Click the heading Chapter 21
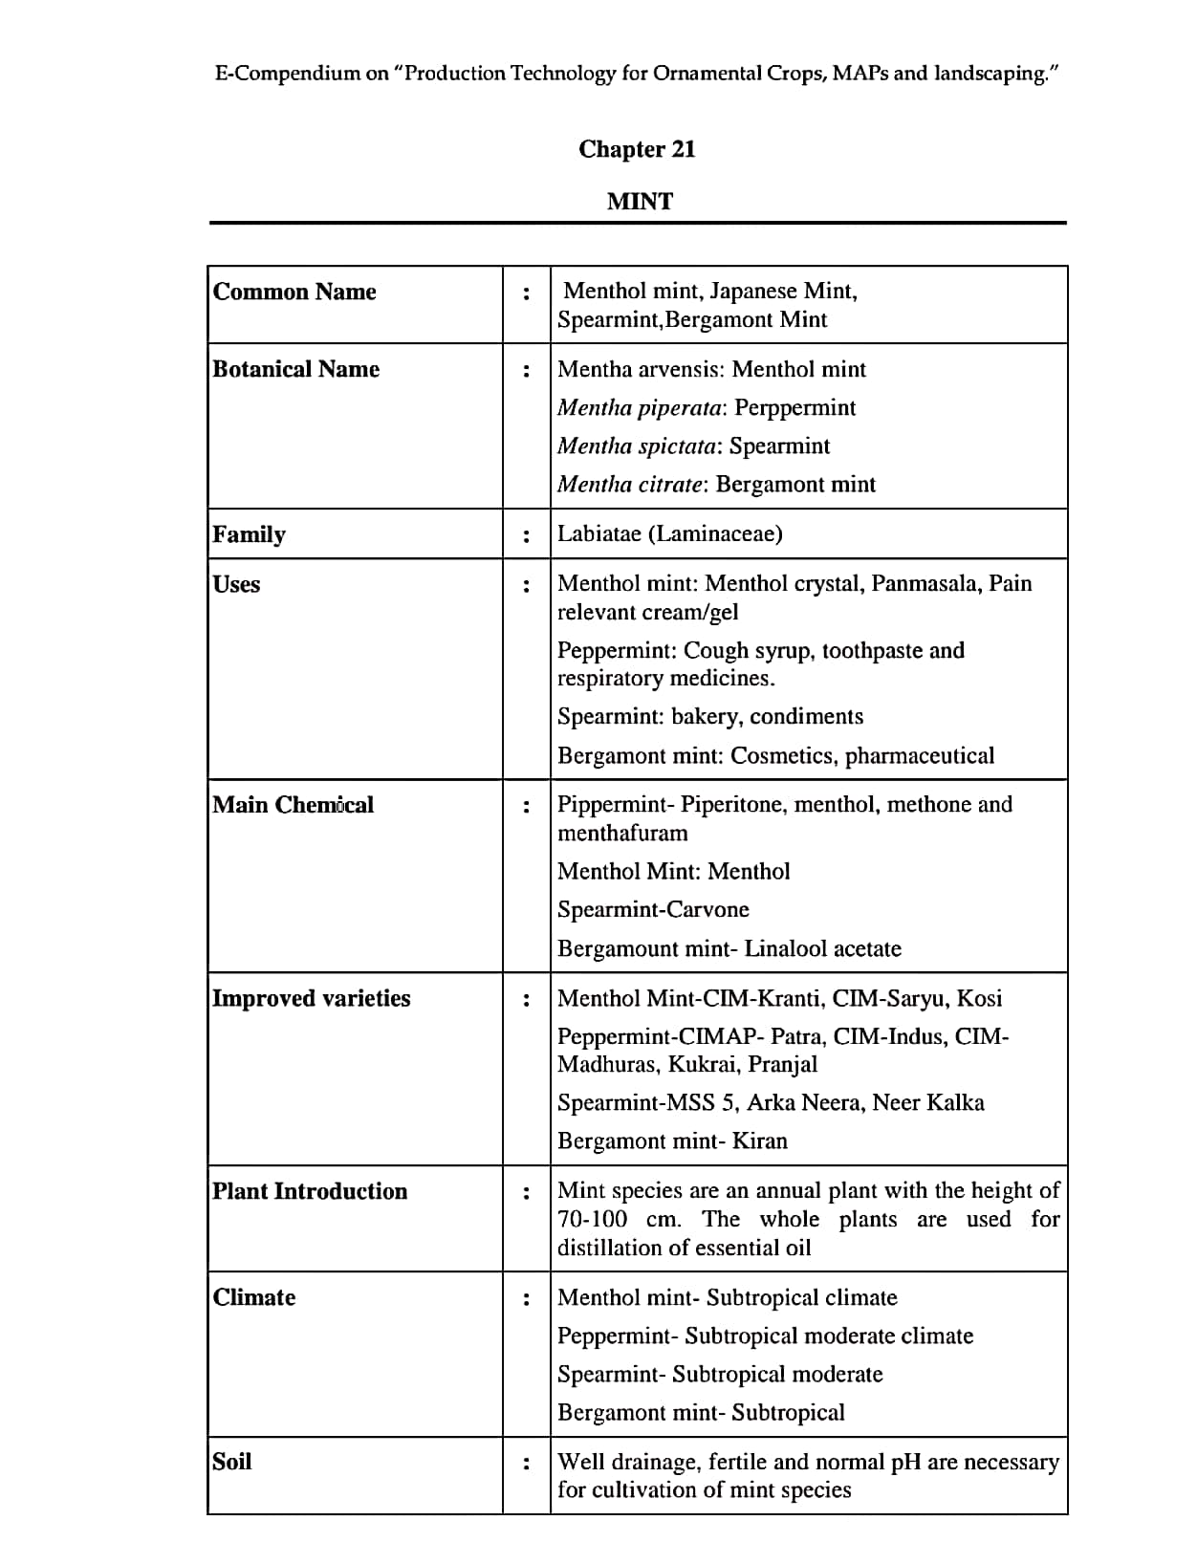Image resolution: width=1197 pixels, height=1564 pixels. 637,149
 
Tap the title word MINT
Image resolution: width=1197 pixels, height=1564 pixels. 640,202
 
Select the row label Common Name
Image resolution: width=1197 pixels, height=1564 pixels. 294,292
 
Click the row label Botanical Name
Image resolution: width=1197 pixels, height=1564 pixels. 295,369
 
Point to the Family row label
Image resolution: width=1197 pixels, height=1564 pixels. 249,533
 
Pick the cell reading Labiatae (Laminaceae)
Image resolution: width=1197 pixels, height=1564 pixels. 669,533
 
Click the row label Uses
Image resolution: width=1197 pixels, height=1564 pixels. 236,584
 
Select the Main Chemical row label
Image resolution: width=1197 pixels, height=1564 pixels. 293,805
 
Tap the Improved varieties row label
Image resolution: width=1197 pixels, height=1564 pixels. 311,998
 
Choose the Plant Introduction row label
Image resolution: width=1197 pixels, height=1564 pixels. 310,1191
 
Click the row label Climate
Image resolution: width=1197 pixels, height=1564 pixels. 253,1297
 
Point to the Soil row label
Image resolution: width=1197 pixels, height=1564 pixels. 231,1462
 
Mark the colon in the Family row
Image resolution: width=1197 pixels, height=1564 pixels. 526,535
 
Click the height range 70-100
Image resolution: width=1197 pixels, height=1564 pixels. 593,1220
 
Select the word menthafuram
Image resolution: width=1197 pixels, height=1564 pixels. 622,834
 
